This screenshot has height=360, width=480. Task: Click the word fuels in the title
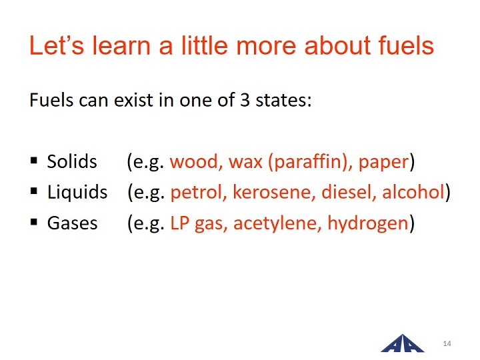(406, 45)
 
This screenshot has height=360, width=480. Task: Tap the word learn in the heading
(121, 45)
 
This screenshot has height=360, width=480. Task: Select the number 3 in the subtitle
(245, 100)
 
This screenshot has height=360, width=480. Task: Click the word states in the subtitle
(283, 101)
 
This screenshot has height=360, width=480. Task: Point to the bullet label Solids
(72, 161)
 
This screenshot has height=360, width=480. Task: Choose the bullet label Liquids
(77, 193)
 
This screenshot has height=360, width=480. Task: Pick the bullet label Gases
(72, 223)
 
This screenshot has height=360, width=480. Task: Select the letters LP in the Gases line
(179, 223)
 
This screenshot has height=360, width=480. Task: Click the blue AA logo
(402, 343)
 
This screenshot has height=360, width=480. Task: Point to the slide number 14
(447, 343)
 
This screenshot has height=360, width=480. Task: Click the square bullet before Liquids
(34, 191)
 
